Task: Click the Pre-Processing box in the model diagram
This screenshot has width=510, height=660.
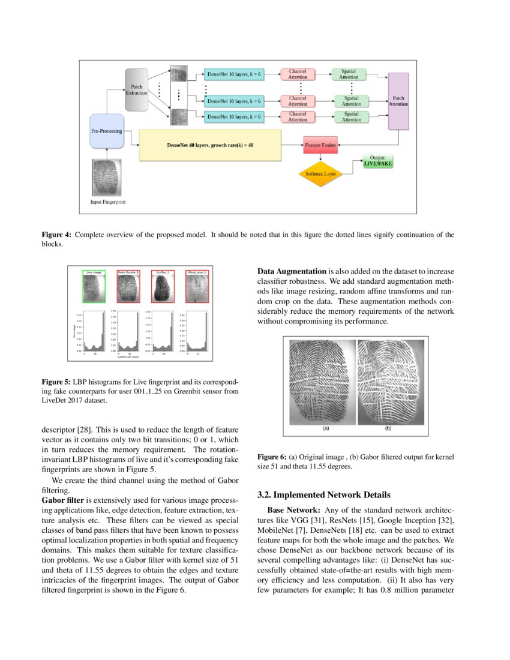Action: coord(106,131)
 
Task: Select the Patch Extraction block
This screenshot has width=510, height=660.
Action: coord(137,90)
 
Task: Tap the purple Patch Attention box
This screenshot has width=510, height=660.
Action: coord(398,100)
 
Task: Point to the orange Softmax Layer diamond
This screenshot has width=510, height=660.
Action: coord(321,173)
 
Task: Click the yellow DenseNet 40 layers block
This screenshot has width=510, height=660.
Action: coord(210,145)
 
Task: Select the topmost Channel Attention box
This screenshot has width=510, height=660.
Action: coord(298,74)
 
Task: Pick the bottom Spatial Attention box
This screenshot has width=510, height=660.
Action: coord(351,116)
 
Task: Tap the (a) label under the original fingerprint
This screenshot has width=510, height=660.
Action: coord(326,429)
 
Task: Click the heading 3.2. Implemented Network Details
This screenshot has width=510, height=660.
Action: coord(324,495)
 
